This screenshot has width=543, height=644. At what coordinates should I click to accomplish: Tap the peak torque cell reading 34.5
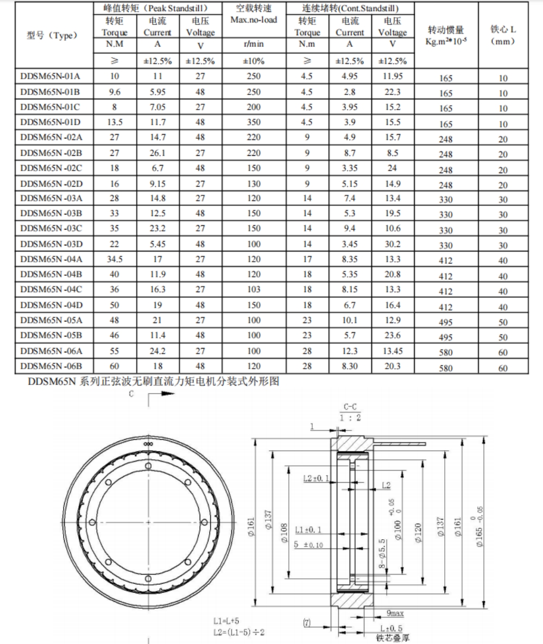point(115,260)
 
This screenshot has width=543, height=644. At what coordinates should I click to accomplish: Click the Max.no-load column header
point(254,21)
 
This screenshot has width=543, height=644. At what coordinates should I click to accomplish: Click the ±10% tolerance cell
point(254,61)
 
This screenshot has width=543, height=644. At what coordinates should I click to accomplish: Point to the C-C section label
point(350,407)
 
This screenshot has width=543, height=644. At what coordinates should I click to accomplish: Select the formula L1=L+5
point(228,620)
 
